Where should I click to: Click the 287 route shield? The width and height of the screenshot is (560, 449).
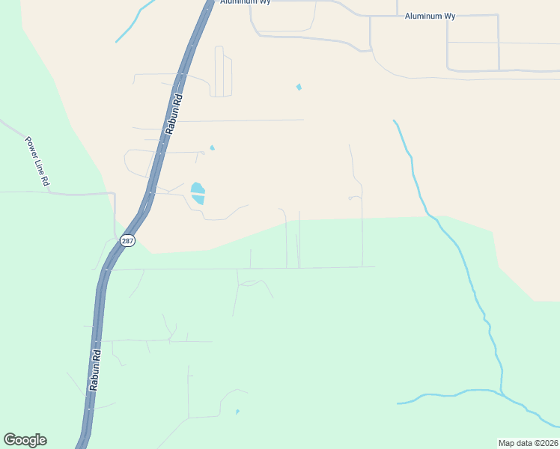pyautogui.click(x=127, y=241)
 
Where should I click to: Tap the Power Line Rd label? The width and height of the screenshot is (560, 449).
pyautogui.click(x=37, y=161)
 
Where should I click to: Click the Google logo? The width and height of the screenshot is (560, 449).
pyautogui.click(x=25, y=440)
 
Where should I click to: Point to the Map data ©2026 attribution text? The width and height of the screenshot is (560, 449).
pyautogui.click(x=528, y=442)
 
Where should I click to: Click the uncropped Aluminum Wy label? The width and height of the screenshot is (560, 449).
pyautogui.click(x=430, y=16)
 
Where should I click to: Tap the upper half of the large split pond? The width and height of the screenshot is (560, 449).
pyautogui.click(x=197, y=187)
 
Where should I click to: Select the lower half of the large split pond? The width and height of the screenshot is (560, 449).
pyautogui.click(x=198, y=199)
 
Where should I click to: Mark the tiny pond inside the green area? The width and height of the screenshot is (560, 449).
pyautogui.click(x=237, y=411)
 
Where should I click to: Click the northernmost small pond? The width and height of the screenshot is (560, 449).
pyautogui.click(x=299, y=87)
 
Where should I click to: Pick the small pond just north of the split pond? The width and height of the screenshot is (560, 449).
pyautogui.click(x=212, y=147)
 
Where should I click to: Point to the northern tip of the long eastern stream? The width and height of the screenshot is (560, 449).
pyautogui.click(x=394, y=120)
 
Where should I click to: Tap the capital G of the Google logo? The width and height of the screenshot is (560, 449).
pyautogui.click(x=10, y=440)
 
